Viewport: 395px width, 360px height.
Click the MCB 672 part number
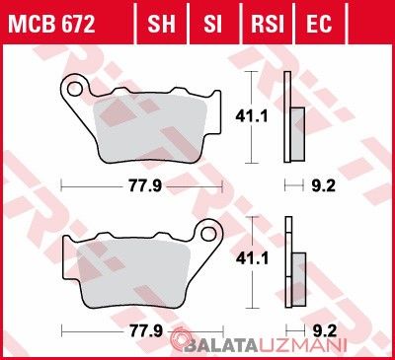pyautogui.click(x=51, y=24)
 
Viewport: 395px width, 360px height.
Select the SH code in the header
pyautogui.click(x=161, y=24)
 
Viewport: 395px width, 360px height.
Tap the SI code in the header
pyautogui.click(x=212, y=24)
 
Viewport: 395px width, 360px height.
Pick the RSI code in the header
pyautogui.click(x=268, y=24)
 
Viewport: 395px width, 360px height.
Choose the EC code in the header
pyautogui.click(x=319, y=24)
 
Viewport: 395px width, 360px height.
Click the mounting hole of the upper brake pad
pyautogui.click(x=74, y=89)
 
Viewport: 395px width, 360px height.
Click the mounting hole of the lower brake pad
pyautogui.click(x=208, y=234)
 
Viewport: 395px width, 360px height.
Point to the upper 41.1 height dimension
pyautogui.click(x=252, y=116)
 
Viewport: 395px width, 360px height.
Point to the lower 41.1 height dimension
pyautogui.click(x=252, y=258)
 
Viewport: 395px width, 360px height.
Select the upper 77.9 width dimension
pyautogui.click(x=145, y=186)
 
